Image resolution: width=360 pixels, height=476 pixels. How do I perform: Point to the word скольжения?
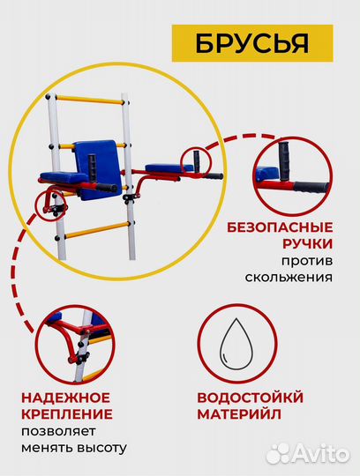[292, 277]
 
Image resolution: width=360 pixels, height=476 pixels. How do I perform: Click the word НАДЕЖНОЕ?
[68, 397]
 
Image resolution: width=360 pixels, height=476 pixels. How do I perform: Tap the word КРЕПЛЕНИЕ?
[69, 413]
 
